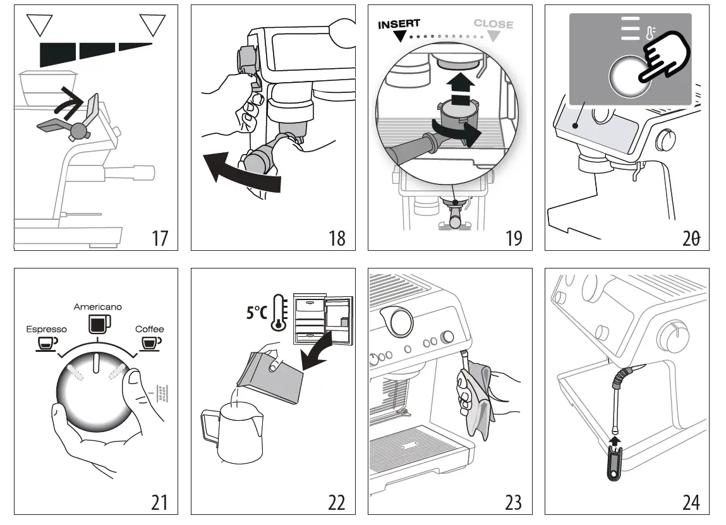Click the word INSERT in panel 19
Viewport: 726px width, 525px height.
coord(399,25)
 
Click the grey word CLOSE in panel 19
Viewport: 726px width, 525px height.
coord(493,24)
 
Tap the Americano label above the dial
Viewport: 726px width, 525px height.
coord(98,307)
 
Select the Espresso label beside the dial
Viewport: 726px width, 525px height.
coord(46,329)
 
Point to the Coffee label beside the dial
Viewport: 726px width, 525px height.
coord(149,329)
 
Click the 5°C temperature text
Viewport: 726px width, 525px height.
coord(257,313)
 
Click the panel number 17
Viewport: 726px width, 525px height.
coord(160,238)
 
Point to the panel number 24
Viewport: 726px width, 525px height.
coord(691,502)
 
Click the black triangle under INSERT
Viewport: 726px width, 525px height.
coord(399,37)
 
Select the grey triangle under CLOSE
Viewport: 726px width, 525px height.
coord(493,37)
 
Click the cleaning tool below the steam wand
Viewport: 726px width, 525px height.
coord(615,464)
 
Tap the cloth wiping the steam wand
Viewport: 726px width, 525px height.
coord(475,398)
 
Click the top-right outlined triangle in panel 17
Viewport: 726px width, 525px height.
coord(152,26)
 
